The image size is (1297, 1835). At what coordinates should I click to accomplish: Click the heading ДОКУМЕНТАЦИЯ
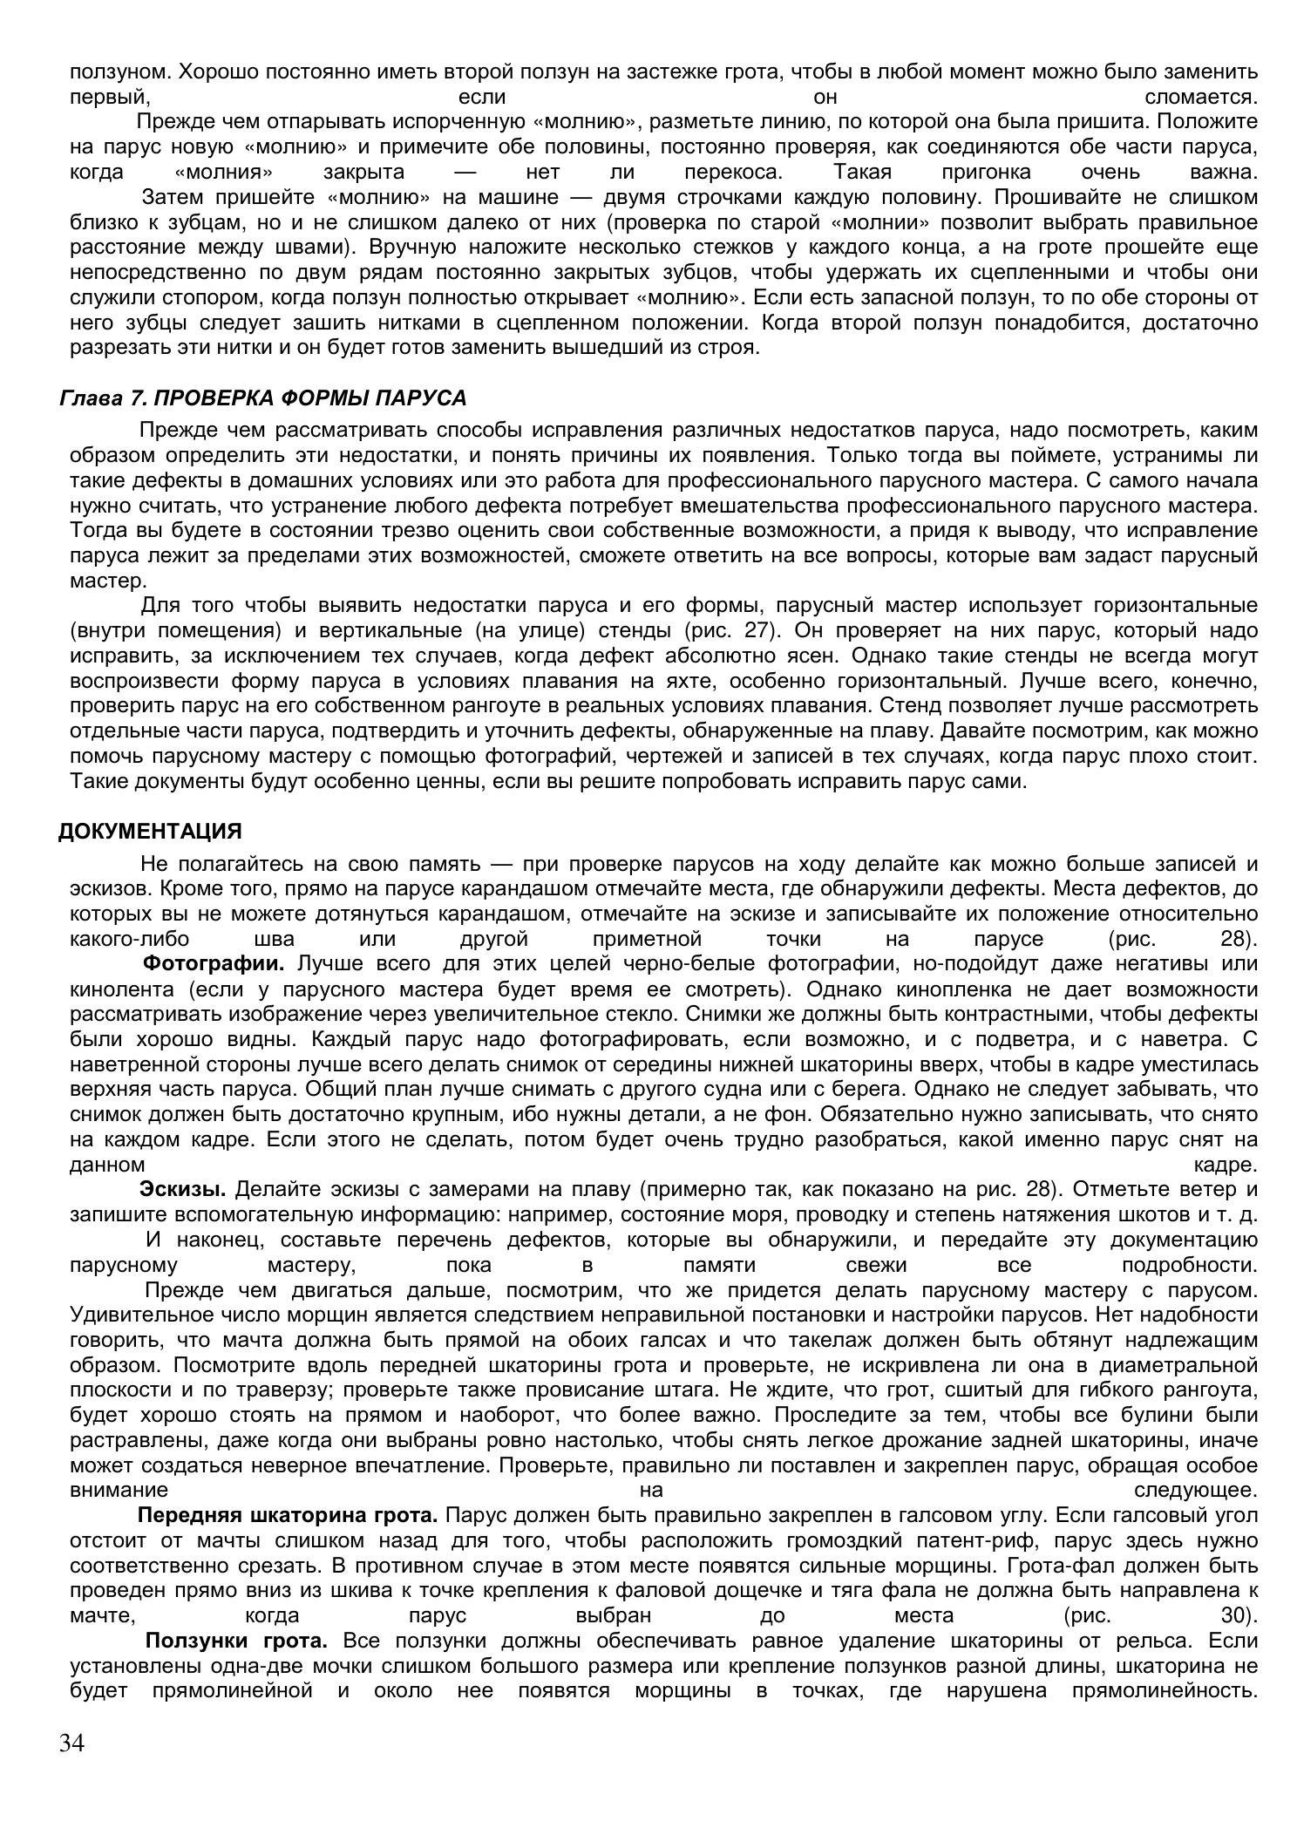coord(150,832)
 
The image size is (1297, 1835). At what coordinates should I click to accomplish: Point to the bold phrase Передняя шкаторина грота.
coord(287,1516)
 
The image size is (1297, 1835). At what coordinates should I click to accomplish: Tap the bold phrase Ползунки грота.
coord(236,1641)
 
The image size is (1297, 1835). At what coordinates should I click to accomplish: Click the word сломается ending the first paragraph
coord(1202,97)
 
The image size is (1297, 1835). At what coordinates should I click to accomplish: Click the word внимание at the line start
coord(119,1491)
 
